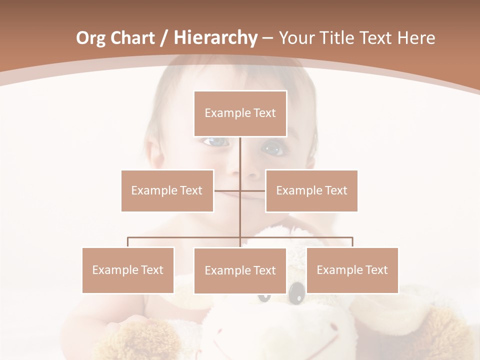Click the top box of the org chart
click(240, 113)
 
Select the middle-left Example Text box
click(167, 190)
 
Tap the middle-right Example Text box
click(311, 190)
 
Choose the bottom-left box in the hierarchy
click(128, 270)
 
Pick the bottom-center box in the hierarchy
click(240, 270)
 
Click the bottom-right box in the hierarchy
click(352, 270)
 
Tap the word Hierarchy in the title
click(215, 38)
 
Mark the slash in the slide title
click(164, 38)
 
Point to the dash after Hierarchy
click(267, 38)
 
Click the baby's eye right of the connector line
click(272, 148)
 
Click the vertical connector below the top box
click(240, 155)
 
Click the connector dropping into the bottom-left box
click(128, 242)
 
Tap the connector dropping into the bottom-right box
click(352, 242)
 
